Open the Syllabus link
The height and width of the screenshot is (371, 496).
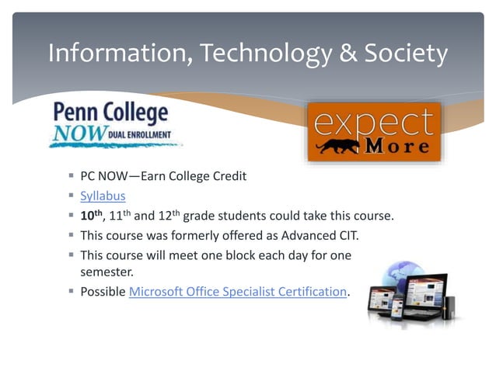click(103, 196)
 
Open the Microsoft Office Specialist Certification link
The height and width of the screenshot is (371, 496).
click(237, 291)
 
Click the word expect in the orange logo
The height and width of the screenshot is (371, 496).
click(374, 122)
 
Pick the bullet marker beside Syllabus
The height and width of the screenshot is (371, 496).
click(71, 196)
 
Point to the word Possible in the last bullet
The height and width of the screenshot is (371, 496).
click(103, 291)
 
